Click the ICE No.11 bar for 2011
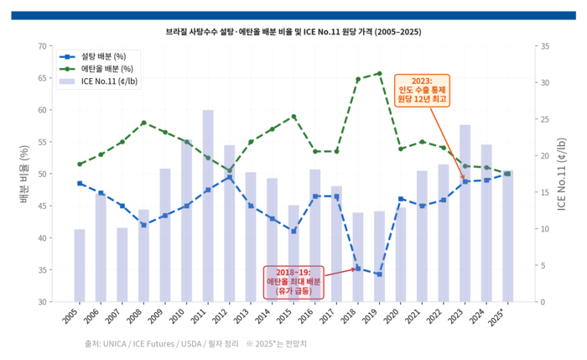tap(207, 206)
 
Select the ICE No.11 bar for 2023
tap(465, 213)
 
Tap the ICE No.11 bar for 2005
tap(79, 265)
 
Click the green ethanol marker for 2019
tap(379, 73)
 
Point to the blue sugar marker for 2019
tap(379, 274)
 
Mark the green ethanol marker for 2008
tap(143, 123)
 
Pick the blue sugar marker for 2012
tap(229, 177)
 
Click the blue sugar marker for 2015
tap(293, 231)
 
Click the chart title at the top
tap(293, 31)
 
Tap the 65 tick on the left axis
tap(44, 78)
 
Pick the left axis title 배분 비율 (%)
tap(25, 175)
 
